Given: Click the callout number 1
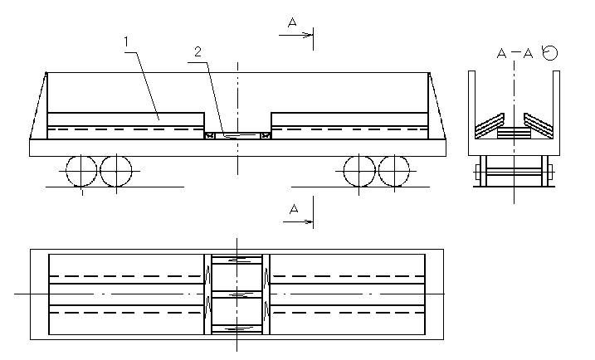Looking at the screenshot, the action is pos(126,41).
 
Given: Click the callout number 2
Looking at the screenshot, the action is pos(198,51).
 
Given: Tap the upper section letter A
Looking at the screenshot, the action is pos(292,22).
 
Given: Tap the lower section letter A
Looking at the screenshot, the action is pos(293,209).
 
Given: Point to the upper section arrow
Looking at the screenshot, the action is pos(295,36).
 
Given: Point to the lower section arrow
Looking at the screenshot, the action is pos(298,221).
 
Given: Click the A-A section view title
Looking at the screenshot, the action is pos(515,53).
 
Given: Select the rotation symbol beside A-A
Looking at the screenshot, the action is pos(549,52).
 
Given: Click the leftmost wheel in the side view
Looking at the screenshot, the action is pos(81,171).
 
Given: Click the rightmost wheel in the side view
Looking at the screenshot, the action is pos(394,171).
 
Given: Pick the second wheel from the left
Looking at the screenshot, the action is pos(116,171).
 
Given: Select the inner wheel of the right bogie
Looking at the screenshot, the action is pos(359,171).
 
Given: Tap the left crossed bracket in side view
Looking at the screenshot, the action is pos(209,135).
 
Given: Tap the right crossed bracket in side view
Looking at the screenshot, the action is pos(266,135).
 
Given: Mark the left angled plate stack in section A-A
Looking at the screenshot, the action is pos(490,126).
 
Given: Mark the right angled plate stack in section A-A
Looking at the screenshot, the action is pos(539,126).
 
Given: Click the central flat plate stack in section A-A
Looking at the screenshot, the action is pos(514,133).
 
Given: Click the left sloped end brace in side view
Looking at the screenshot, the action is pos(38,105).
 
